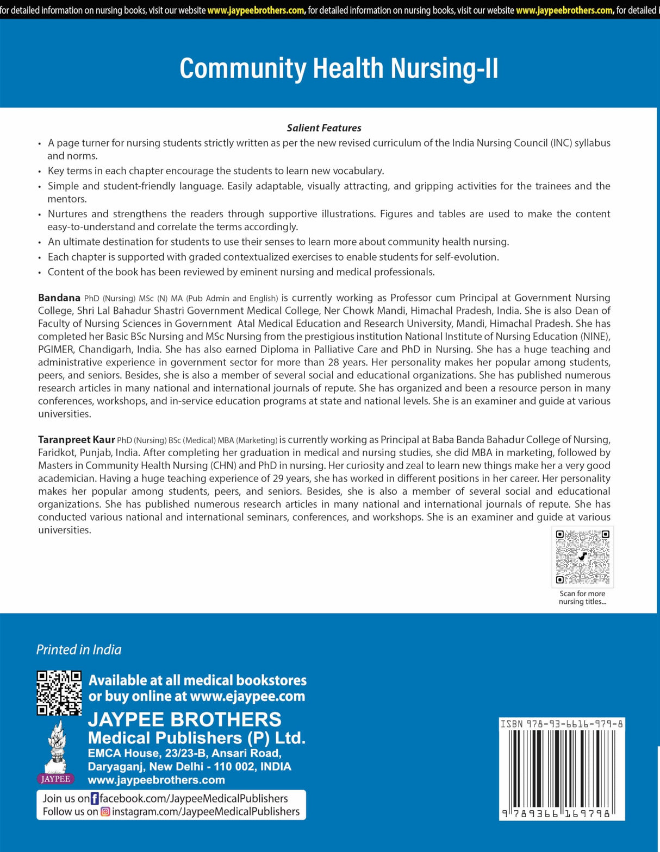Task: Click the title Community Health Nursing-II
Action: pyautogui.click(x=339, y=69)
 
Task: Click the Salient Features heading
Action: pyautogui.click(x=324, y=128)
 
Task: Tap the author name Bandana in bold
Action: pyautogui.click(x=59, y=298)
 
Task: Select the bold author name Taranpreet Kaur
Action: pyautogui.click(x=76, y=439)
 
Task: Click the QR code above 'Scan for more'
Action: pyautogui.click(x=582, y=557)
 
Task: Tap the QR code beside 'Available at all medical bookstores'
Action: pyautogui.click(x=59, y=692)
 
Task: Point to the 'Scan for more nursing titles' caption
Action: pyautogui.click(x=582, y=597)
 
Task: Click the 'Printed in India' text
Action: pyautogui.click(x=79, y=649)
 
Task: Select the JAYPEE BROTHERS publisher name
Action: pyautogui.click(x=185, y=720)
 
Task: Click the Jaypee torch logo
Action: pyautogui.click(x=56, y=752)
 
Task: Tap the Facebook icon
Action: pyautogui.click(x=95, y=798)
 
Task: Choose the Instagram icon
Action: pyautogui.click(x=105, y=812)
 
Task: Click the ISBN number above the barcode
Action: pyautogui.click(x=562, y=724)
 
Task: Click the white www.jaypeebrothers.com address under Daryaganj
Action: pyautogui.click(x=157, y=780)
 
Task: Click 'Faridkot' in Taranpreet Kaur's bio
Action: pyautogui.click(x=57, y=452)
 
